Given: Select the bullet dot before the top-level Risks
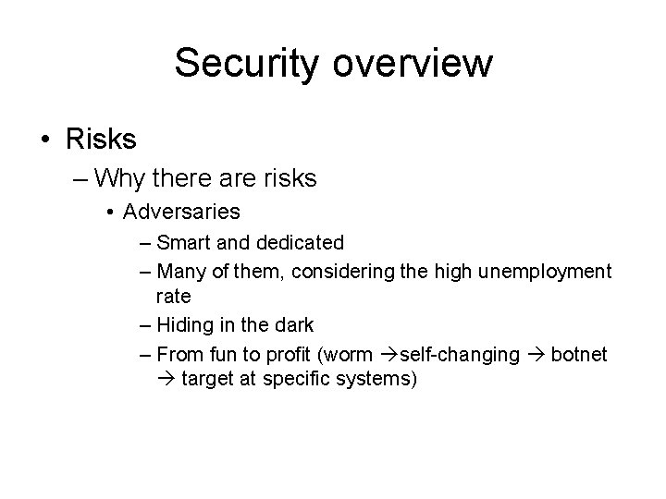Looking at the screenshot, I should (45, 140).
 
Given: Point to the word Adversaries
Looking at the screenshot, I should (181, 212).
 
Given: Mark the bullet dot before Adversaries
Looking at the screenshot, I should (111, 213).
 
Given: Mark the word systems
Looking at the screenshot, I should (377, 380).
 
